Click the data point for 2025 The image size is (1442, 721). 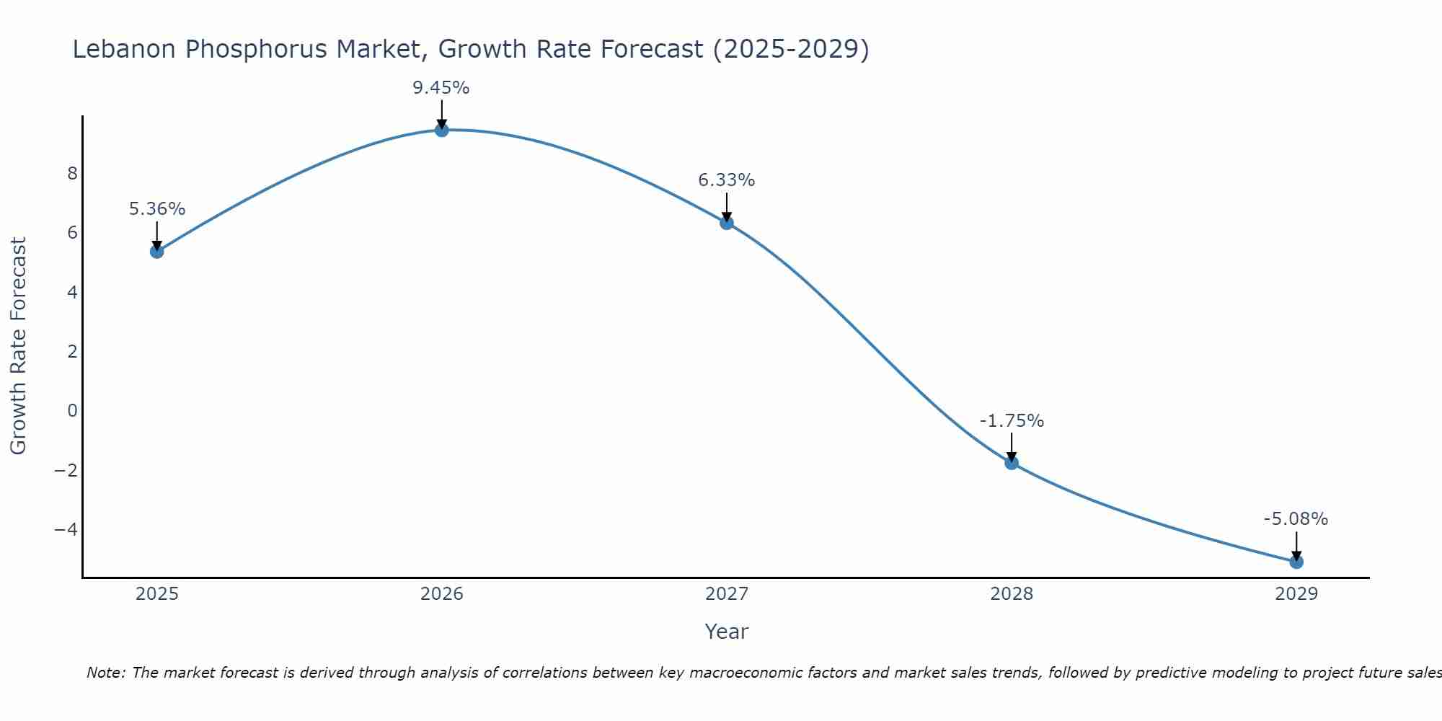[x=156, y=251]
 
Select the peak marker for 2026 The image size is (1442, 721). [x=441, y=130]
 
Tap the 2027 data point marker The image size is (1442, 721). [x=726, y=223]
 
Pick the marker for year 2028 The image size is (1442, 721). [x=1011, y=463]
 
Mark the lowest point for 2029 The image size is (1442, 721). [x=1296, y=562]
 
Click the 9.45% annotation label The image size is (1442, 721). [x=441, y=88]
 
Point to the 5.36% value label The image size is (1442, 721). [x=156, y=209]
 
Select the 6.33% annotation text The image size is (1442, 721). [x=726, y=180]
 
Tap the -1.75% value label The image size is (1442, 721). [x=1011, y=421]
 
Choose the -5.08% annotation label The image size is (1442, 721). [x=1295, y=519]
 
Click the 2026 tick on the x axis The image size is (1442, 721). [x=441, y=594]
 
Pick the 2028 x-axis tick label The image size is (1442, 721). [x=1011, y=594]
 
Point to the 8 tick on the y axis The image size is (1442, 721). [x=72, y=174]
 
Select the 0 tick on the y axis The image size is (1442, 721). [x=72, y=411]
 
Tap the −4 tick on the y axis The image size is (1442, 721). [x=66, y=529]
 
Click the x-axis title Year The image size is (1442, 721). [x=726, y=632]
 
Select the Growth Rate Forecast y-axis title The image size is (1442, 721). [x=18, y=345]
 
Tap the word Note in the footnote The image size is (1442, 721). [x=105, y=673]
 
